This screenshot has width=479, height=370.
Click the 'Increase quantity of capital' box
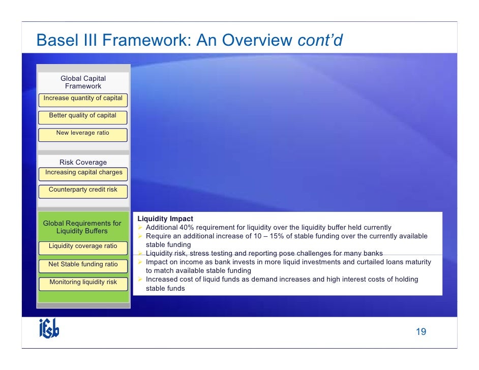coord(83,99)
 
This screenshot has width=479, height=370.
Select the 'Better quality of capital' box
coord(83,116)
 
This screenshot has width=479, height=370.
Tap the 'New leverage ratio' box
coord(83,133)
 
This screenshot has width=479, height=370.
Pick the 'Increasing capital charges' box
coord(83,173)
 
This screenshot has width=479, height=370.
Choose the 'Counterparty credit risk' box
coord(83,190)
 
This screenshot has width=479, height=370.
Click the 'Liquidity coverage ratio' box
coord(83,246)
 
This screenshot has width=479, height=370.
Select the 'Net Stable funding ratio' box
coord(83,264)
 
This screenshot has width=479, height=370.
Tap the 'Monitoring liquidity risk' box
coord(83,283)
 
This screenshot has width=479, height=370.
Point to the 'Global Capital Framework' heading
coord(83,82)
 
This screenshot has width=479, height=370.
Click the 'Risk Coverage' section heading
coord(83,163)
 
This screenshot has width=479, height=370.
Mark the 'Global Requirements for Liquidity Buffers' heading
coord(82,227)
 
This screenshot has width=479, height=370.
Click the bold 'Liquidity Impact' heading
coord(165,219)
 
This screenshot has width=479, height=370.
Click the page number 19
coord(421,332)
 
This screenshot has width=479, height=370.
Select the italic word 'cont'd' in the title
coord(320,40)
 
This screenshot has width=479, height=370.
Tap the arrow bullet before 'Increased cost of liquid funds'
coord(141,280)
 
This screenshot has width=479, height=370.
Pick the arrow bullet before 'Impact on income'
coord(141,262)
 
